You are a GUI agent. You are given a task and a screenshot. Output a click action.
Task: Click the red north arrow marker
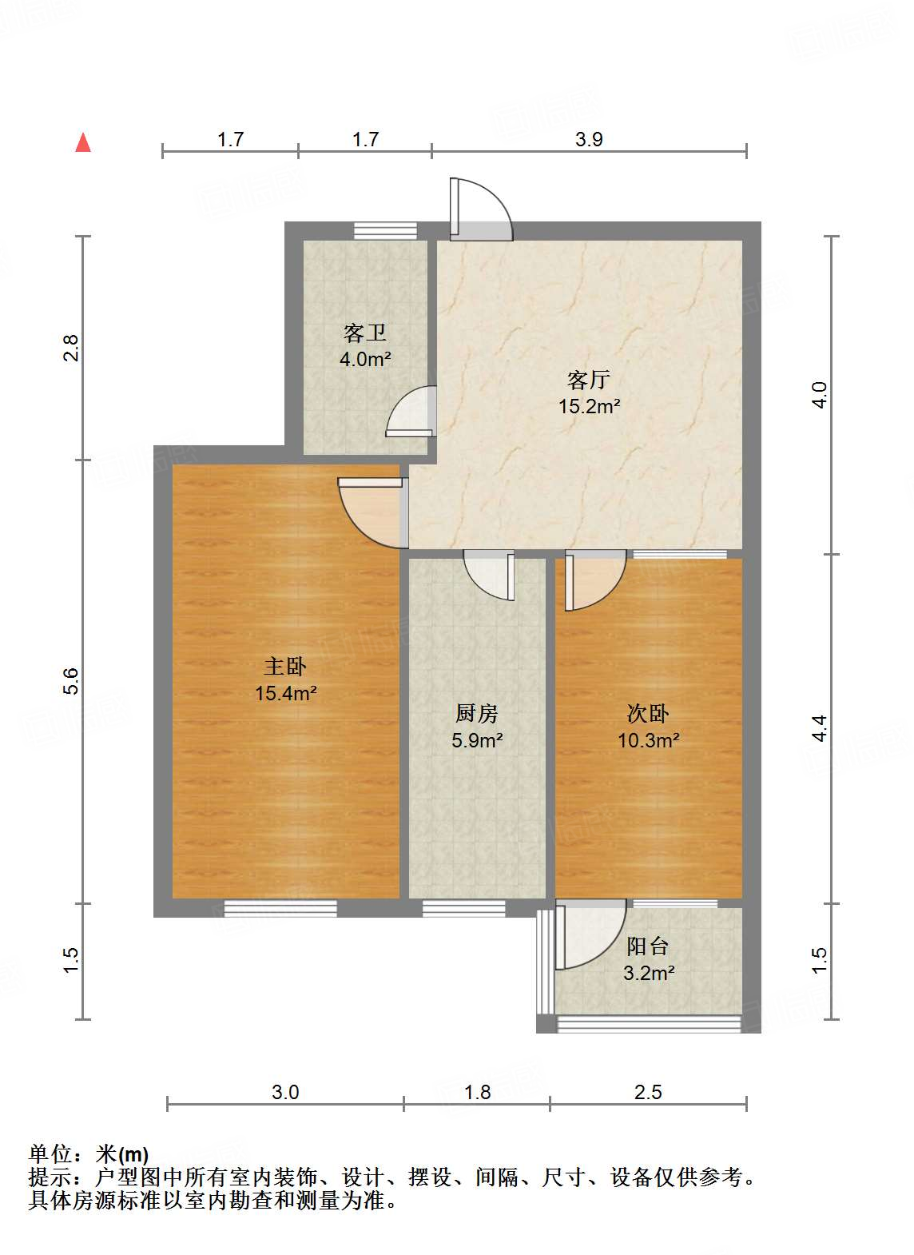point(83,142)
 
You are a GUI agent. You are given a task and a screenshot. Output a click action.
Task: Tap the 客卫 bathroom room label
point(365,333)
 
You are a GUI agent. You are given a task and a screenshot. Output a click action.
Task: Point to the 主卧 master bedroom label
point(285,666)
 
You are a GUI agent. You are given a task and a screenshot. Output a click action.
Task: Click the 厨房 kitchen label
point(477,713)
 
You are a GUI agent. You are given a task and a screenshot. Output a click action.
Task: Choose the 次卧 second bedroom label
point(648,713)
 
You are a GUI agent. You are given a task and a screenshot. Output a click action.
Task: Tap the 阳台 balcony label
point(648,946)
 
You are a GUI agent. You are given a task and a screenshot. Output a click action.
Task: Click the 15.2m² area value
point(589,406)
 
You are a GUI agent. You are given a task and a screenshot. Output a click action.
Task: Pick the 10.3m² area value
point(648,740)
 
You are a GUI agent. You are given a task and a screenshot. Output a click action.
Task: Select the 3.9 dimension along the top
point(589,139)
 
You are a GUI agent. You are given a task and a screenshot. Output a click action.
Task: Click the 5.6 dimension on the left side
point(71,680)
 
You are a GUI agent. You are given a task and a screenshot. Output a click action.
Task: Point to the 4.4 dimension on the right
point(819,727)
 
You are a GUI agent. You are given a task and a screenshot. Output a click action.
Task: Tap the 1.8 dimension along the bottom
point(478,1092)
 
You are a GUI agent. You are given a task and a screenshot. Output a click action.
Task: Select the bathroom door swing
point(412,412)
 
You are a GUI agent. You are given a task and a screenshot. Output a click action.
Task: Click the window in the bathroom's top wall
point(386,230)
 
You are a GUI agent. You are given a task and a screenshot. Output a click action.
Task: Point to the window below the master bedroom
point(280,908)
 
